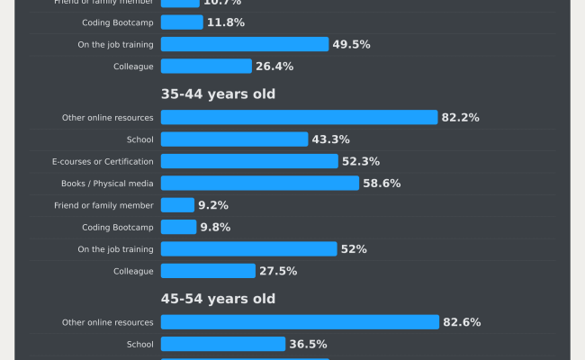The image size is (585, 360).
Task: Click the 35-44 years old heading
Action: point(218,94)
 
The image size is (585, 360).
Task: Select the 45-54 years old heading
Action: point(218,298)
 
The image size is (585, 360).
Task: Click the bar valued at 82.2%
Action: point(299,117)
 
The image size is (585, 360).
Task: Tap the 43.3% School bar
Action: point(234,139)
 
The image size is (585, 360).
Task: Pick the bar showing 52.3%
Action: point(249,161)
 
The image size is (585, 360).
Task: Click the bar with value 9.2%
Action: point(177,205)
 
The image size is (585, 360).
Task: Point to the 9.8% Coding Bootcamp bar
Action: point(178,227)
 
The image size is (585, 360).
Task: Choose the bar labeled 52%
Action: point(248,248)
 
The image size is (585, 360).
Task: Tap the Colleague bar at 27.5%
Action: point(208,271)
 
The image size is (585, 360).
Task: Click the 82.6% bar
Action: point(300,322)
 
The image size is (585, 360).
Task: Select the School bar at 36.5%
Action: point(223,344)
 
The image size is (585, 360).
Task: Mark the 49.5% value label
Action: point(351,44)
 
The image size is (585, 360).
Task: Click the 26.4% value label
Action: point(274,66)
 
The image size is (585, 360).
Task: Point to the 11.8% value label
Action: point(226,22)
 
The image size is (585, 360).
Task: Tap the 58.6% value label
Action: point(382,183)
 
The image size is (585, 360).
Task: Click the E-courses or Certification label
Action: point(103,161)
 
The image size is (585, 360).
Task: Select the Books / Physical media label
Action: point(106,183)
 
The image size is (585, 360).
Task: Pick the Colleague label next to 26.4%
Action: point(133,66)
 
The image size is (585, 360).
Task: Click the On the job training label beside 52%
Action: point(115,248)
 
